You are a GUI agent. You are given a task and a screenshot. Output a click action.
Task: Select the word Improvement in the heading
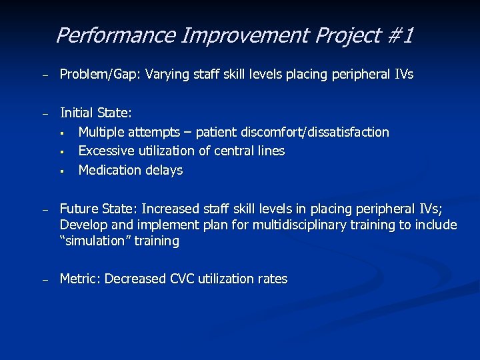(217, 35)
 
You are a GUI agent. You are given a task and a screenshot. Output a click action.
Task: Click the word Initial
(77, 113)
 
